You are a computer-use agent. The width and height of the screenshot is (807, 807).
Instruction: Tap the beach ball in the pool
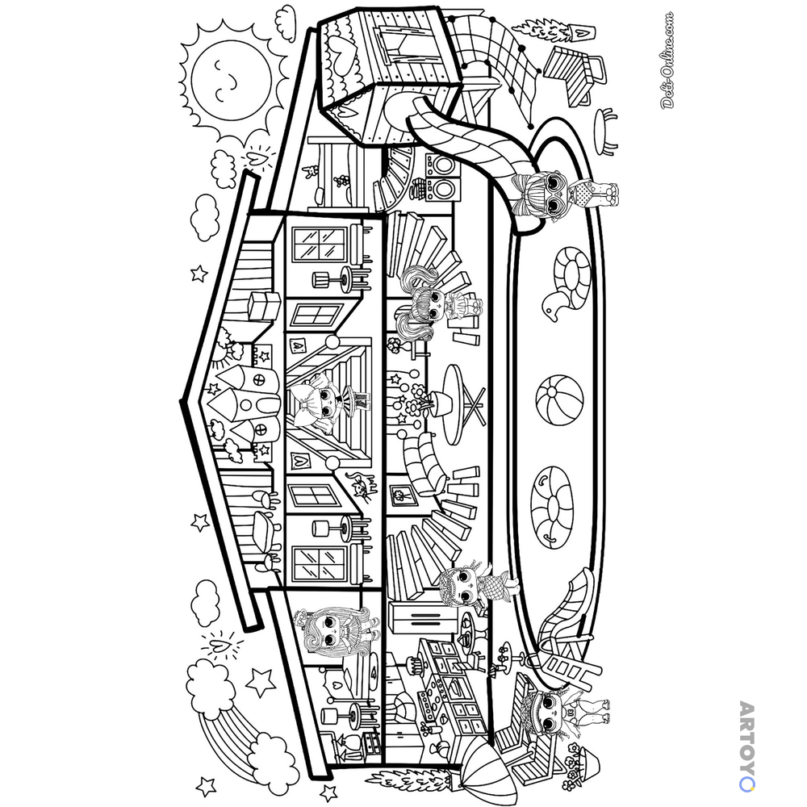559,400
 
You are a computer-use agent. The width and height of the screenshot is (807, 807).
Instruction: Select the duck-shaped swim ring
567,283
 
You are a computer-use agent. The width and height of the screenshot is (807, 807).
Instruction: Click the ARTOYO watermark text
746,746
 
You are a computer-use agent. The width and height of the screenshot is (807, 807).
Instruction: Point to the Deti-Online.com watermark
667,60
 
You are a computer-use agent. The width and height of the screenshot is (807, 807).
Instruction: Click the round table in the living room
461,404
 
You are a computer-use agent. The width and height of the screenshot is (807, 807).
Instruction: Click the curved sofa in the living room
424,463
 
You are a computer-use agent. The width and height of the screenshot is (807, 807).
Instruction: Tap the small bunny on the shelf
311,173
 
